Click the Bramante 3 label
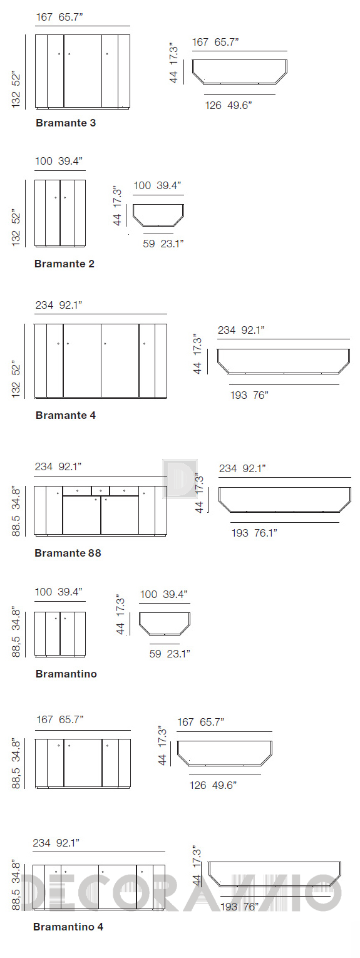point(66,123)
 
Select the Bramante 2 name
point(64,264)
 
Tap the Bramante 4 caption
point(65,415)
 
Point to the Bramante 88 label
point(68,552)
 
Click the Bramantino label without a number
point(66,674)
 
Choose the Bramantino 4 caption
point(68,926)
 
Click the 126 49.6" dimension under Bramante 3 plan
point(229,105)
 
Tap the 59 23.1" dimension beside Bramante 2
point(163,244)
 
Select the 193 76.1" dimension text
point(254,532)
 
